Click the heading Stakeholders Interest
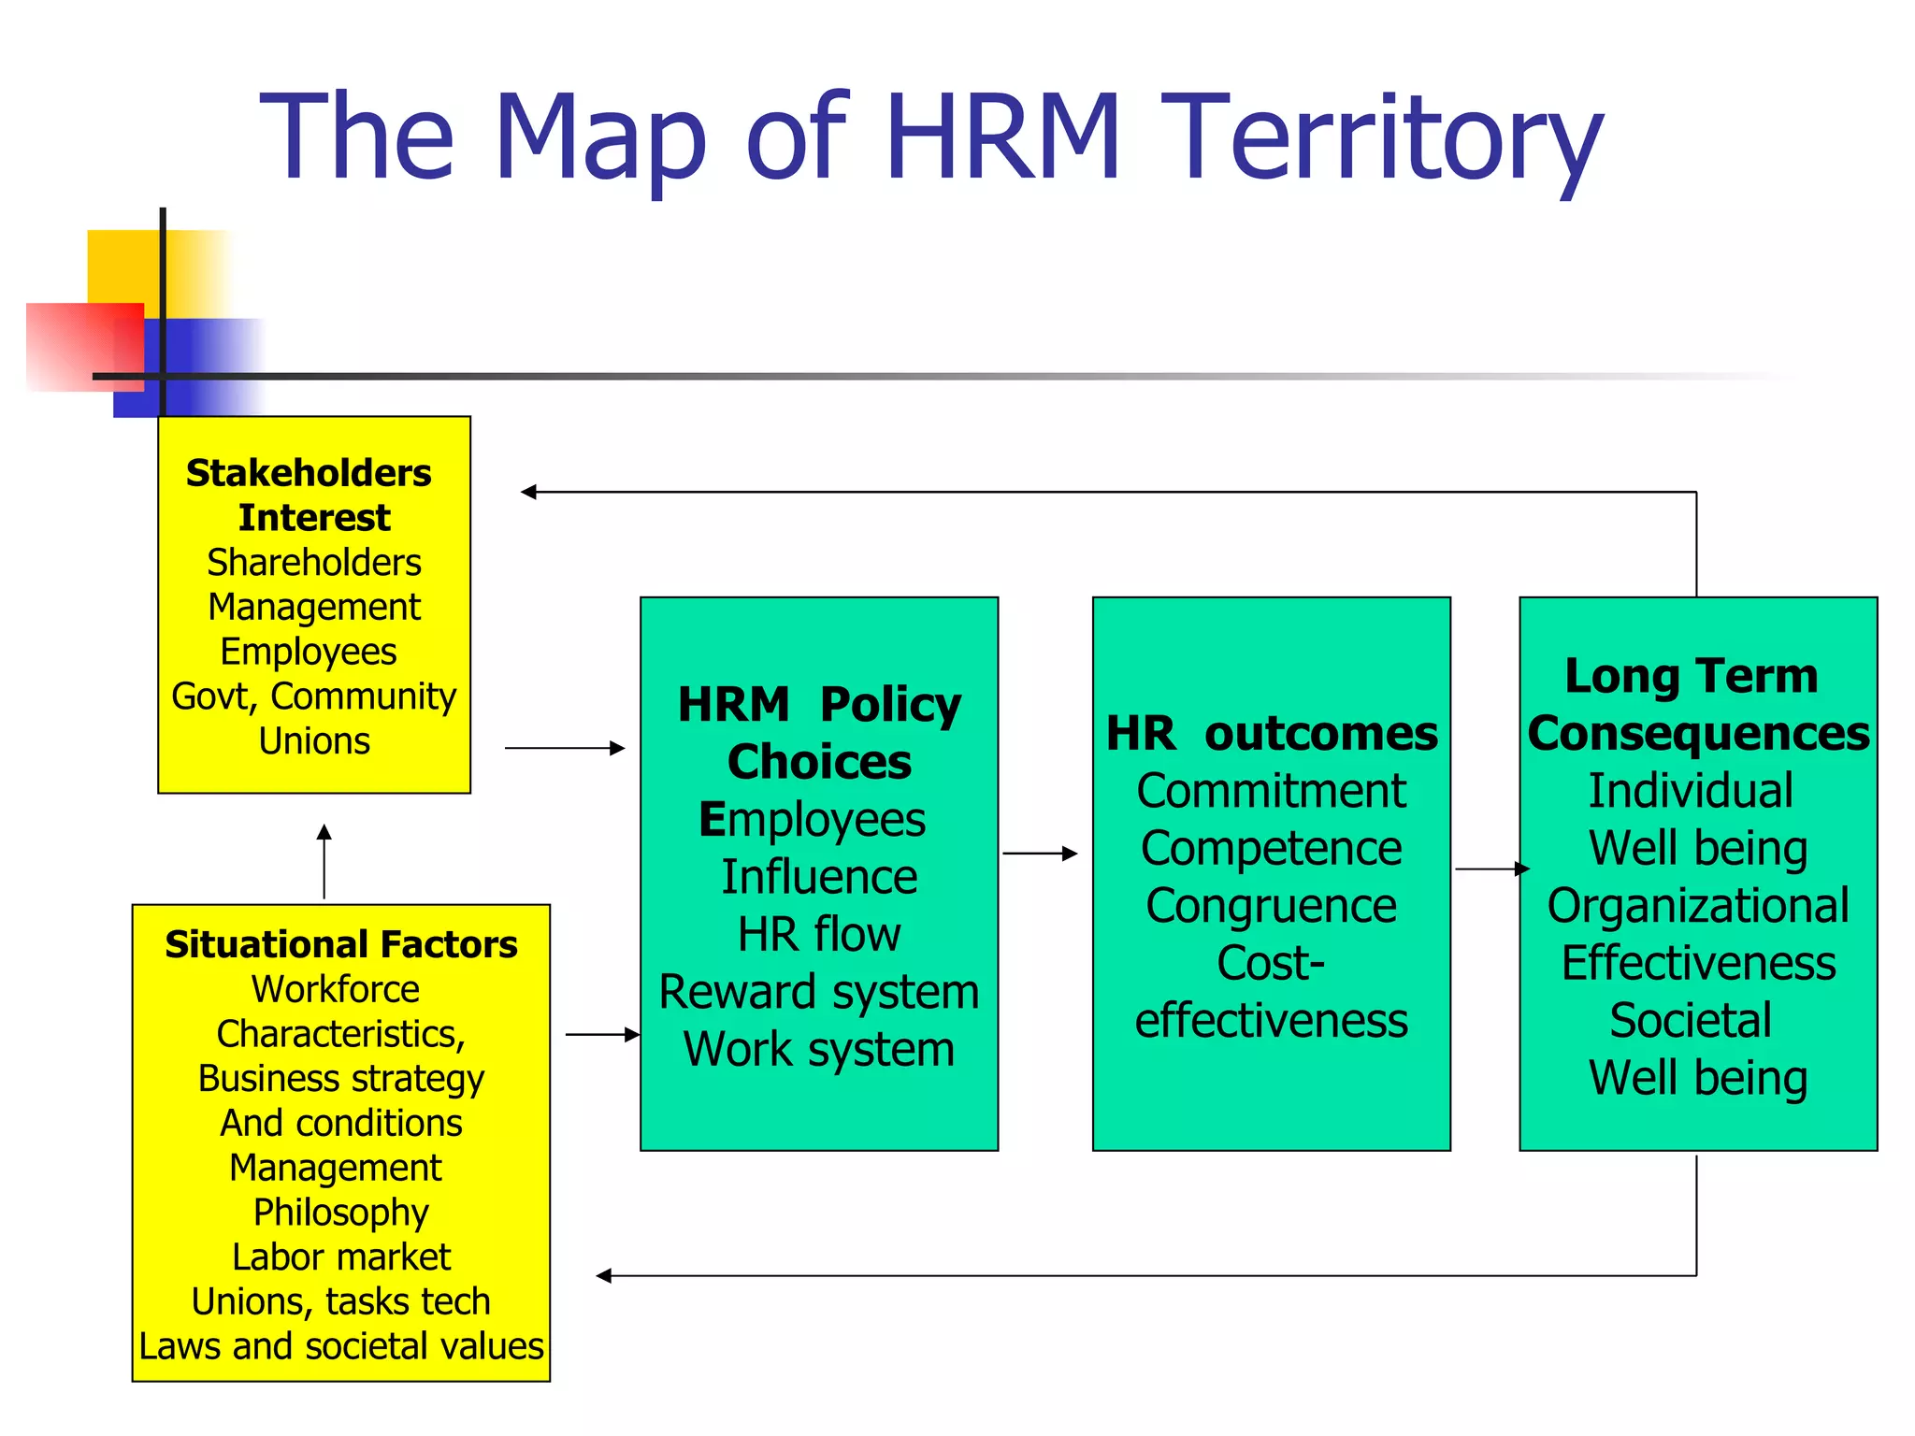tap(310, 495)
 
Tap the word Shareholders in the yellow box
tap(314, 563)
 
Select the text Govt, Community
tap(314, 696)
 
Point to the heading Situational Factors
tap(341, 944)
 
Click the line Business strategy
tap(341, 1079)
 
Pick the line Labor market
tap(341, 1257)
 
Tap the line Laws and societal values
tap(341, 1346)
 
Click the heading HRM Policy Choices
tap(819, 732)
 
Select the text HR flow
tap(819, 934)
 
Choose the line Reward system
tap(819, 992)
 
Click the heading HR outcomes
tap(1272, 733)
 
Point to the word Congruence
tap(1272, 906)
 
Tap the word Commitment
tap(1272, 791)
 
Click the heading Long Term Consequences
tap(1698, 704)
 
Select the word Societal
tap(1691, 1020)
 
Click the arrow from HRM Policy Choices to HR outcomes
tap(1040, 854)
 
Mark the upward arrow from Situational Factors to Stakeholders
tap(324, 861)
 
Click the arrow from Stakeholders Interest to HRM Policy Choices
tap(565, 748)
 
